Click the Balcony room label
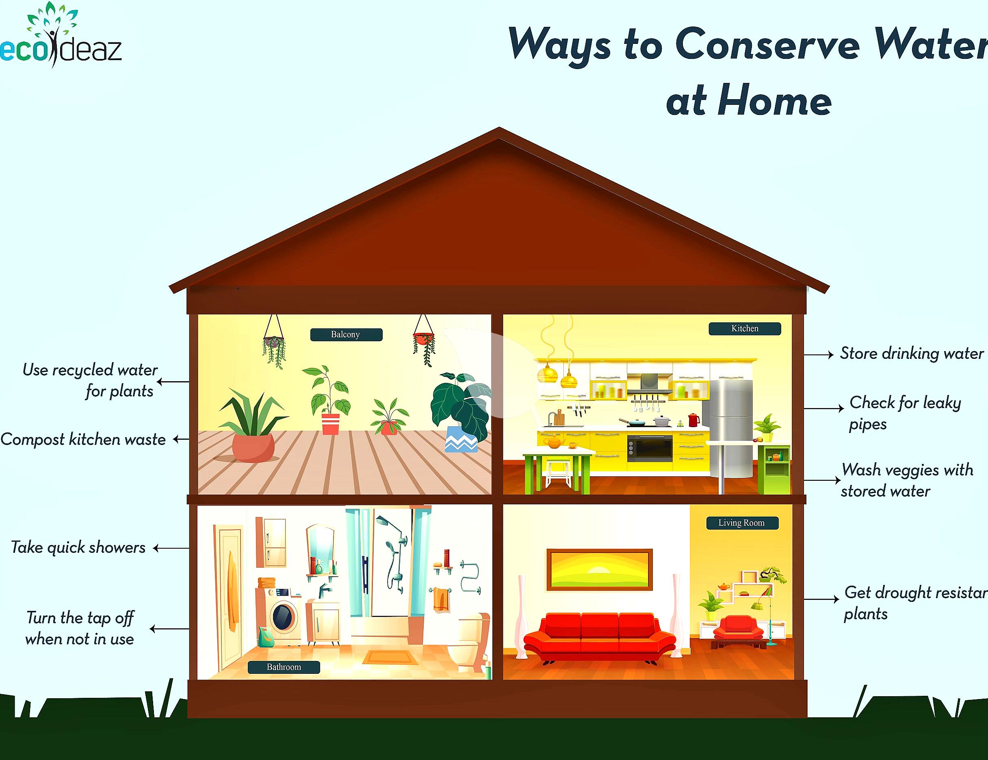tap(346, 334)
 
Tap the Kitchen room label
tap(744, 328)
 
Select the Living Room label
tap(742, 523)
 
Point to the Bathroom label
tap(284, 667)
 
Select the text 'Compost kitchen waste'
tap(83, 439)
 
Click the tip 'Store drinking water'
tap(911, 353)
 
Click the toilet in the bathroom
tap(470, 641)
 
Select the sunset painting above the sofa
tap(600, 569)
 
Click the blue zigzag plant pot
tap(461, 439)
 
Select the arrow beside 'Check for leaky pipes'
tap(824, 408)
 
